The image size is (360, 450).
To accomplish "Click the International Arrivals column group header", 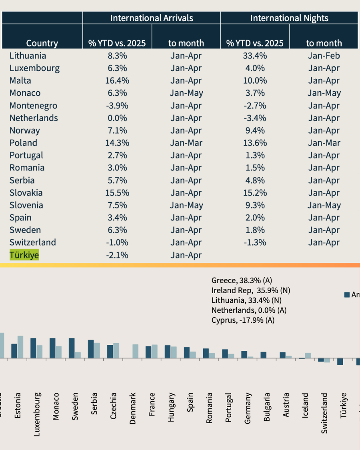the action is coord(152,18).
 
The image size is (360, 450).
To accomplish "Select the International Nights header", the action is coord(289,18).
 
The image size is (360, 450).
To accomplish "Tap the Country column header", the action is coord(42,43).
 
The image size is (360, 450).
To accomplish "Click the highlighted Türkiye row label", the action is coord(24,255).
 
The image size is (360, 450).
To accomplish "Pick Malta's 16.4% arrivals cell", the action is coord(117,81).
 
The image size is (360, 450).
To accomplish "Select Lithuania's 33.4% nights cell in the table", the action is coord(255,56).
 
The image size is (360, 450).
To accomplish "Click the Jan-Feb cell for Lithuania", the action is coord(324,56).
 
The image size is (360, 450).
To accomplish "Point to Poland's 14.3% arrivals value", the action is coord(117,143).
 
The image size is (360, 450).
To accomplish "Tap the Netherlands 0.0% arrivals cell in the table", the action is coord(117,118).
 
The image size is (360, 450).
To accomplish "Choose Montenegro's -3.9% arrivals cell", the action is coord(117,106).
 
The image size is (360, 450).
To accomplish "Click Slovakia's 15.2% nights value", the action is coord(255,193).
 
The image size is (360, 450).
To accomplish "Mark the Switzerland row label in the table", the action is coord(33,242).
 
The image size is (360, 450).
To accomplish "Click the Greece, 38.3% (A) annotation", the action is coord(242,280).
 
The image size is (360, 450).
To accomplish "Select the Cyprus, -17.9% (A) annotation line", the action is coord(243,320).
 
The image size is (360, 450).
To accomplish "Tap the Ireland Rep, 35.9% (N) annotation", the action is coord(251,290).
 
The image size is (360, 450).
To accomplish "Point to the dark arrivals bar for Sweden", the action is coord(72,348).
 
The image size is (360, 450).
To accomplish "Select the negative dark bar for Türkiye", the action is coord(340,362).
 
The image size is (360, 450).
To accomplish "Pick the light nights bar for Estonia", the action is coord(20,347).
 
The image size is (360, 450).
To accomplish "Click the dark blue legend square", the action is coord(347,295).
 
